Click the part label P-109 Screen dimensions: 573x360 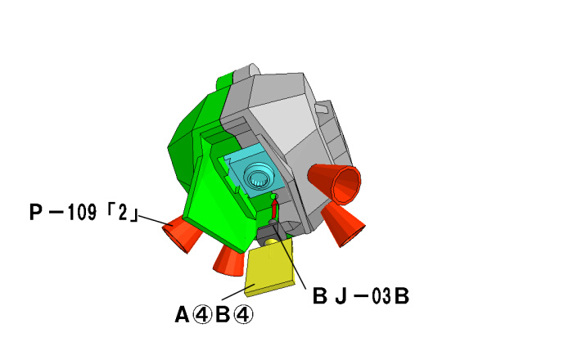63,212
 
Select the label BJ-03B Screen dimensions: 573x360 361,296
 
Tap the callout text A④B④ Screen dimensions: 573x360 214,315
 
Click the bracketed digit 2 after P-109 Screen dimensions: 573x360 123,212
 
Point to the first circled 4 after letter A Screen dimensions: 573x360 202,315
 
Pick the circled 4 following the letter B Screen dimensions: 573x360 243,315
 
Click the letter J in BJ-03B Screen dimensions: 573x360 341,296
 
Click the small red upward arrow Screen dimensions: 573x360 274,209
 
